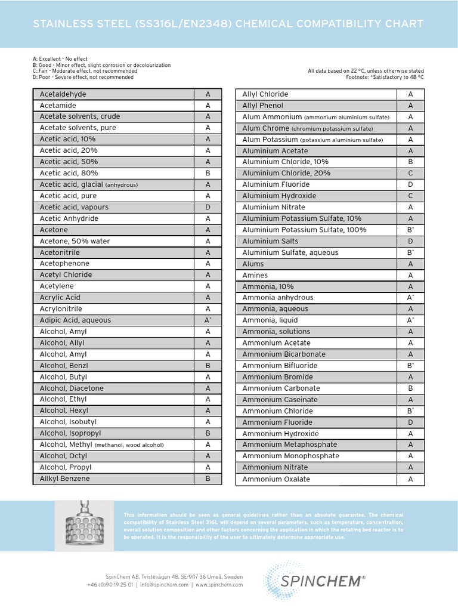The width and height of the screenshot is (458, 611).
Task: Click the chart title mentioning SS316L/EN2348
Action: click(228, 24)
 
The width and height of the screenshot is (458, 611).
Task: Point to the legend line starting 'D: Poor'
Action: click(83, 77)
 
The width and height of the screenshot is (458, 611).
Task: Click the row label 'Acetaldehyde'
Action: click(63, 94)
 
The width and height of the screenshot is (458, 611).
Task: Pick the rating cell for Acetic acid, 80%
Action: click(208, 173)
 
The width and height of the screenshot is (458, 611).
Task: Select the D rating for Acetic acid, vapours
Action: click(208, 207)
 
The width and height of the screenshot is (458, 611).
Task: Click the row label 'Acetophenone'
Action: click(64, 264)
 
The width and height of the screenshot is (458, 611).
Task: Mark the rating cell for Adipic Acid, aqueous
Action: click(208, 320)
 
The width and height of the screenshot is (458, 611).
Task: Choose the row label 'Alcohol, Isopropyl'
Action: click(70, 433)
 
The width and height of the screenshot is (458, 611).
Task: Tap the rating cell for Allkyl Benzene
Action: click(208, 479)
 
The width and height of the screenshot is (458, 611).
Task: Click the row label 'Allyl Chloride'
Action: click(265, 94)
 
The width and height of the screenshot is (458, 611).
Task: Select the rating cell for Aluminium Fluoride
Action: click(410, 185)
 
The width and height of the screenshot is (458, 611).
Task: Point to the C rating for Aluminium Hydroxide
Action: click(410, 196)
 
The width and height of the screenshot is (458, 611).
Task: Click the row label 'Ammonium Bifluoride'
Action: click(280, 366)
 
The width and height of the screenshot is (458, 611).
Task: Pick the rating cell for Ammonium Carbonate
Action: click(410, 388)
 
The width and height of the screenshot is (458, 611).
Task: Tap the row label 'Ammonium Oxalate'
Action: click(276, 479)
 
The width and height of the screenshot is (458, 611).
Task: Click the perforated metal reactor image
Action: click(83, 525)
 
